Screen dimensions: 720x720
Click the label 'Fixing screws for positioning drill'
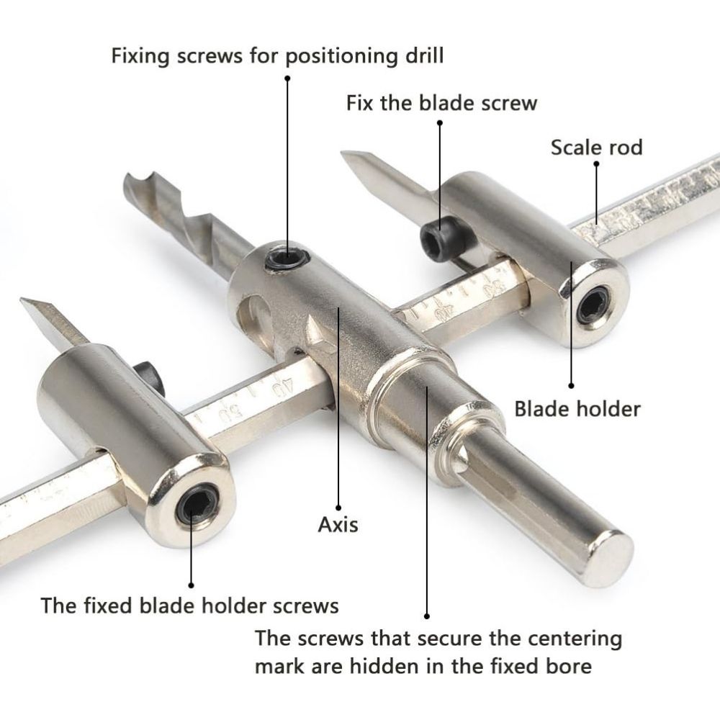[x=277, y=56]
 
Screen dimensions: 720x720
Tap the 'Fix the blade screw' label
[x=441, y=103]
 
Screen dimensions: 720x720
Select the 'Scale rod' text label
[x=596, y=148]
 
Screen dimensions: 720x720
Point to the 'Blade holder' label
[x=577, y=409]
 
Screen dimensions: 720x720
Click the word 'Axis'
[x=338, y=524]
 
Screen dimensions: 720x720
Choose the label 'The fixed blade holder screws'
[x=189, y=606]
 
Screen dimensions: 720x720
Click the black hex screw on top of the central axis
[x=287, y=259]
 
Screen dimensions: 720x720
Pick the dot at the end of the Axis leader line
[x=338, y=508]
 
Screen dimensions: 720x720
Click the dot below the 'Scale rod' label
[x=596, y=163]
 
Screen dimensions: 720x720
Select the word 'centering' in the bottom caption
[x=571, y=639]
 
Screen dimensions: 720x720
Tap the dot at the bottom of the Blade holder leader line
[x=571, y=386]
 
